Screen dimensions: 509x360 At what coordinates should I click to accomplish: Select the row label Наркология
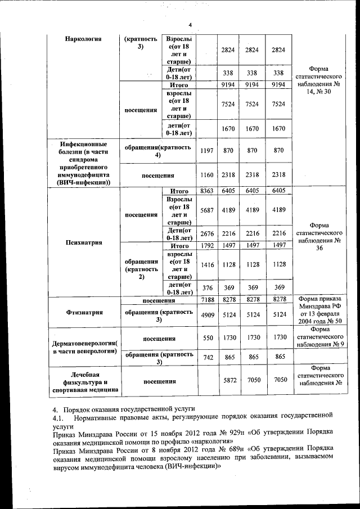tap(83, 39)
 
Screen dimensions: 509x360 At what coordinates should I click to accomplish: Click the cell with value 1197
tap(206, 151)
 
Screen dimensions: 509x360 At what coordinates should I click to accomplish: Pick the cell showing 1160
tap(206, 175)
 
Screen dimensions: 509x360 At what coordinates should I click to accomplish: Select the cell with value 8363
tap(206, 191)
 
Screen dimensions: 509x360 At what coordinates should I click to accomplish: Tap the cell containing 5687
tap(206, 210)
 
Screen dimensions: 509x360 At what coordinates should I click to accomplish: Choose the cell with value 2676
tap(206, 233)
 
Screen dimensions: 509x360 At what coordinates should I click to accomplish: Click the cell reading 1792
tap(206, 246)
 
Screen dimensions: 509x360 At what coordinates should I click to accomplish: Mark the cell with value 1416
tap(206, 264)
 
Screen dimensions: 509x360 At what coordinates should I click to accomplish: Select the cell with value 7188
tap(206, 300)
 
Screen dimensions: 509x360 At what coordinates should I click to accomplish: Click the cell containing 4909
tap(206, 315)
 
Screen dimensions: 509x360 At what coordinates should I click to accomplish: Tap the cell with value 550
tap(206, 339)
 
